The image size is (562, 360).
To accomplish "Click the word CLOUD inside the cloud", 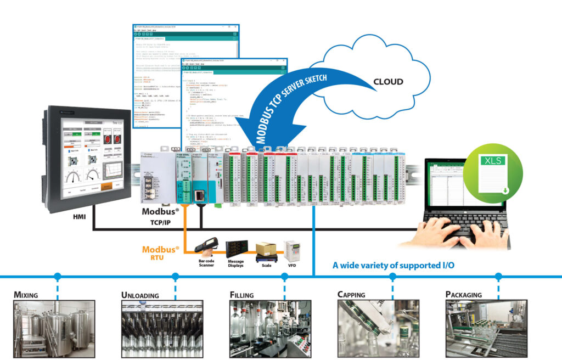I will (x=388, y=82).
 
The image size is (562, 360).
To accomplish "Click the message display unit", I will (x=235, y=249).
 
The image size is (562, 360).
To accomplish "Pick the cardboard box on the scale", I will (x=266, y=248).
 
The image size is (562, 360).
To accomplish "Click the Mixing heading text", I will (x=26, y=295).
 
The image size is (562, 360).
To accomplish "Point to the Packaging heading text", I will (x=463, y=295).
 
